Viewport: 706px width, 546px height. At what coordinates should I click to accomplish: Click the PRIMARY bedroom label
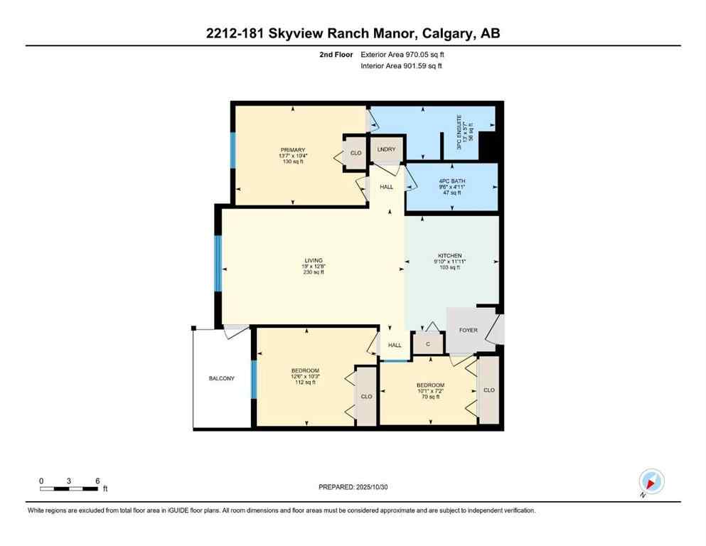pos(292,150)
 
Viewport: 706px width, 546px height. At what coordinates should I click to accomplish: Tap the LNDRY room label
pos(386,150)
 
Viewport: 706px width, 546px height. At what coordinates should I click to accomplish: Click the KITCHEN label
pos(450,255)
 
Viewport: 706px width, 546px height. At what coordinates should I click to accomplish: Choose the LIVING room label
pos(314,260)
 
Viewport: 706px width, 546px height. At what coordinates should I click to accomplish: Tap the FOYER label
pos(469,330)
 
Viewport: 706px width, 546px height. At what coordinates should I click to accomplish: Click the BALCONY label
pos(221,378)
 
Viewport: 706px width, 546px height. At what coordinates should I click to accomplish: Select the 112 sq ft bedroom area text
pos(305,382)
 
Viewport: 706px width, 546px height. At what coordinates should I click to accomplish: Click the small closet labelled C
pos(428,344)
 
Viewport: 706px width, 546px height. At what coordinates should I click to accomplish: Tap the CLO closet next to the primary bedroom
pos(355,153)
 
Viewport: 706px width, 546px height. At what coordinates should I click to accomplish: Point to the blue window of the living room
pos(218,263)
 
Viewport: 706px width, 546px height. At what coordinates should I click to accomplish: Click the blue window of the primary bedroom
pos(232,150)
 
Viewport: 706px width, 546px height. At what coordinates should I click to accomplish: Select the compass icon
pos(651,482)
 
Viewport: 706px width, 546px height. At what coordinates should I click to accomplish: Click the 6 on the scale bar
pos(97,481)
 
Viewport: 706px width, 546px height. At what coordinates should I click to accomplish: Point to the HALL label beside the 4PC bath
pos(386,187)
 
